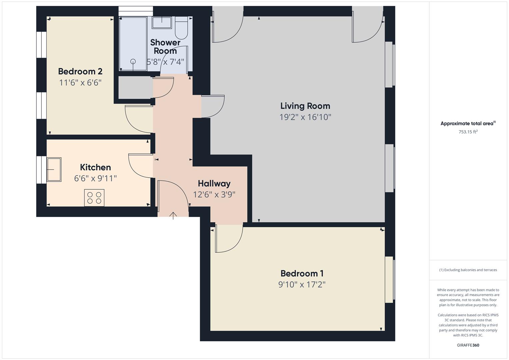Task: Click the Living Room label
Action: pyautogui.click(x=305, y=106)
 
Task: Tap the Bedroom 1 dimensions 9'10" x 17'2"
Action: pyautogui.click(x=302, y=285)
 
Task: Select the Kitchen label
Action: pyautogui.click(x=95, y=167)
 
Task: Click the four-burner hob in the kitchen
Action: pyautogui.click(x=94, y=197)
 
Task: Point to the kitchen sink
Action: pyautogui.click(x=54, y=169)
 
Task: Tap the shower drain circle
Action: pyautogui.click(x=133, y=61)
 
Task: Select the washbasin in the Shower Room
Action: pyautogui.click(x=162, y=23)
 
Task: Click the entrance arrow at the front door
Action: pyautogui.click(x=173, y=216)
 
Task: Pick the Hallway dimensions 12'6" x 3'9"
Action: pyautogui.click(x=214, y=194)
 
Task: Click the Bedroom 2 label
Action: pyautogui.click(x=80, y=71)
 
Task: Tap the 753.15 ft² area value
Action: pyautogui.click(x=468, y=132)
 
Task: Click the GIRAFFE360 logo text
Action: pyautogui.click(x=468, y=345)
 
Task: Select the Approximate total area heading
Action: pyautogui.click(x=467, y=124)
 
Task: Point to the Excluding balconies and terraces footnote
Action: pyautogui.click(x=468, y=270)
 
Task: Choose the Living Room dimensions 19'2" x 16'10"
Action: pyautogui.click(x=305, y=117)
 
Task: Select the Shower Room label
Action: pyautogui.click(x=165, y=47)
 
